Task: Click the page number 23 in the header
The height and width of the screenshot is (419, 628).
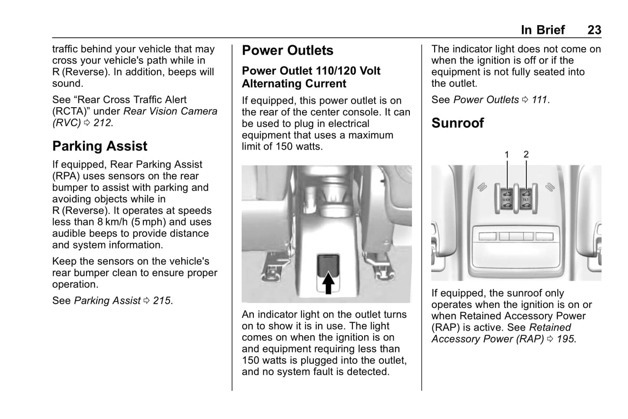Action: [x=594, y=30]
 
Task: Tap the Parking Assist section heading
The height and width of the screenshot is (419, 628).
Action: [x=100, y=146]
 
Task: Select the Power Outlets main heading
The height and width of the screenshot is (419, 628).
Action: [x=287, y=50]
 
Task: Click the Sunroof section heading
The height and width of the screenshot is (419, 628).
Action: [x=458, y=123]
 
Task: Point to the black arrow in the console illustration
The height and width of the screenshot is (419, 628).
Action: [x=329, y=282]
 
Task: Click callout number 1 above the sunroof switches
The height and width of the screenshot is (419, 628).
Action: [x=507, y=154]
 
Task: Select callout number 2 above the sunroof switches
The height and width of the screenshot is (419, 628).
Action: [x=526, y=154]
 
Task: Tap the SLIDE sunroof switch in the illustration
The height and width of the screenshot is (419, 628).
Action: [x=507, y=199]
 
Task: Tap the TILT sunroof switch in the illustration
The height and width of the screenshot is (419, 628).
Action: [x=526, y=199]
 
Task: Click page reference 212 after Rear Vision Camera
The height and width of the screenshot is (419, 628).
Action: [x=103, y=123]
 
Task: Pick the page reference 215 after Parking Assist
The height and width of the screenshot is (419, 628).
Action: [x=162, y=300]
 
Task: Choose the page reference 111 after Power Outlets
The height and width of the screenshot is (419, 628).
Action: [x=539, y=100]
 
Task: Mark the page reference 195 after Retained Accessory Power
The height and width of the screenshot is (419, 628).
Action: [x=566, y=339]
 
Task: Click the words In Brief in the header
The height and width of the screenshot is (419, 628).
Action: [x=543, y=30]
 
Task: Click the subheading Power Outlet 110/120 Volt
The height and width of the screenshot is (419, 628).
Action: [x=311, y=71]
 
